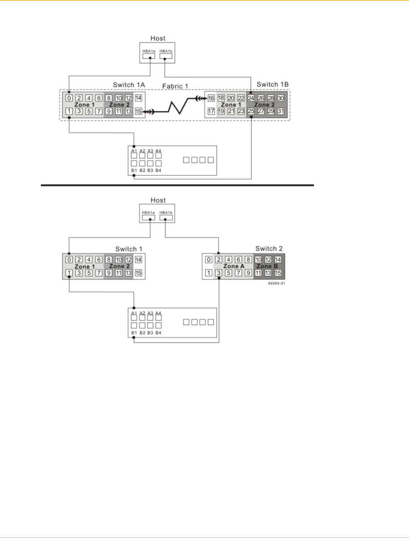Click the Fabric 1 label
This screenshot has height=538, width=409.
click(x=175, y=87)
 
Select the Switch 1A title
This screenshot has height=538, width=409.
click(x=129, y=85)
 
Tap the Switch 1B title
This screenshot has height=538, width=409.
click(x=272, y=85)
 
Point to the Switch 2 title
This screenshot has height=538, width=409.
click(x=269, y=249)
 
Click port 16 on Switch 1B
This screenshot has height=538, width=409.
click(x=211, y=98)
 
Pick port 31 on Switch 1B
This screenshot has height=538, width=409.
click(x=281, y=111)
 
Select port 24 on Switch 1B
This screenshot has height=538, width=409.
click(x=251, y=98)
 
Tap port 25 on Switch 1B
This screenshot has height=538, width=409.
click(x=251, y=111)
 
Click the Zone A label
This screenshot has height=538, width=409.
click(x=234, y=266)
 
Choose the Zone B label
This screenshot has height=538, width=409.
click(x=267, y=266)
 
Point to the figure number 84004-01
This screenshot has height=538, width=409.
click(x=276, y=283)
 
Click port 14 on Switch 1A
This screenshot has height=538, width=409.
click(x=139, y=98)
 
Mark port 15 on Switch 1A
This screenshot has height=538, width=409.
click(x=139, y=112)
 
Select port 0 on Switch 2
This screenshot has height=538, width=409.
click(x=209, y=260)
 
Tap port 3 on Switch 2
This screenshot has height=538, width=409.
click(x=219, y=273)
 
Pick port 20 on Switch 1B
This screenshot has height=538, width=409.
click(x=231, y=98)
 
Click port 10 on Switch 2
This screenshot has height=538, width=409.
click(x=258, y=260)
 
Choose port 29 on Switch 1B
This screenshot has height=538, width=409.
click(x=271, y=111)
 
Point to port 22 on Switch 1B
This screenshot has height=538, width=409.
click(x=241, y=98)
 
